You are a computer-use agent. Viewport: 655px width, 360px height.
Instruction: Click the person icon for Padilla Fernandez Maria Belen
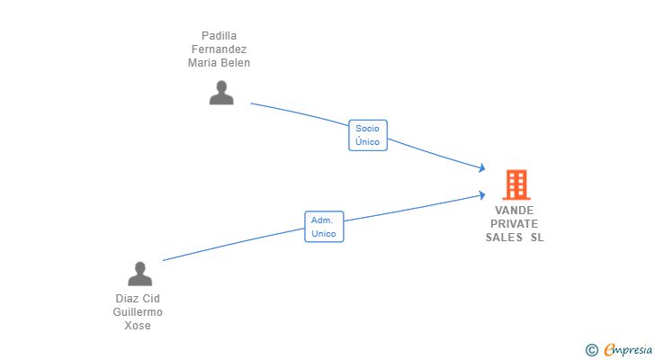(x=221, y=93)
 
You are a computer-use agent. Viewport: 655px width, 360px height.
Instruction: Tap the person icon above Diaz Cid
(x=139, y=274)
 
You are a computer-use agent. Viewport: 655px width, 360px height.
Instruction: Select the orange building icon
(x=516, y=184)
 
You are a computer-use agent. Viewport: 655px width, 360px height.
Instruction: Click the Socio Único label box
(x=367, y=135)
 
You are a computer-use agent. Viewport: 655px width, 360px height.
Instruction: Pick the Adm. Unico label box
(x=324, y=227)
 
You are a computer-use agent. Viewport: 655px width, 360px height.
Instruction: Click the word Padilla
(x=219, y=36)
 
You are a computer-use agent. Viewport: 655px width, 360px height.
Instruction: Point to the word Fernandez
(x=219, y=49)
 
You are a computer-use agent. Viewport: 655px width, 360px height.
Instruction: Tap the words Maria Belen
(x=219, y=63)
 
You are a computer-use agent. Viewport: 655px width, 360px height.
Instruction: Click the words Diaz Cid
(x=138, y=299)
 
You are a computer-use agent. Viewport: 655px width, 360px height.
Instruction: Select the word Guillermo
(x=138, y=312)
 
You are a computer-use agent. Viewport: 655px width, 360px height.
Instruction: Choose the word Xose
(x=138, y=326)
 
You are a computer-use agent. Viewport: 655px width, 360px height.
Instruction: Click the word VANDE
(x=515, y=210)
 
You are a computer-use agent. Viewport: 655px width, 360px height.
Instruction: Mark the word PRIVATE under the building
(x=515, y=223)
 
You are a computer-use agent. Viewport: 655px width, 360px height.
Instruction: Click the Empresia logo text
(x=628, y=350)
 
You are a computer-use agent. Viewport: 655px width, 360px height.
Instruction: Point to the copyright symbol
(x=591, y=350)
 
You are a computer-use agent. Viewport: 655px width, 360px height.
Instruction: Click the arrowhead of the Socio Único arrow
(x=482, y=168)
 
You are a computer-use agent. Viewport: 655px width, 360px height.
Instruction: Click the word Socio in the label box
(x=367, y=128)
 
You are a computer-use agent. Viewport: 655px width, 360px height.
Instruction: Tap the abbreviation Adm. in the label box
(x=322, y=220)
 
